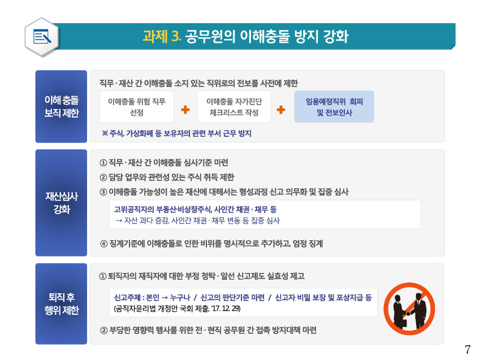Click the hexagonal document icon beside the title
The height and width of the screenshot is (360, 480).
click(42, 37)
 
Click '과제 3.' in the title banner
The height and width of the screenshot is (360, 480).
click(162, 36)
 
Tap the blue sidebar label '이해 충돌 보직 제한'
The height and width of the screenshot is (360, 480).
click(61, 106)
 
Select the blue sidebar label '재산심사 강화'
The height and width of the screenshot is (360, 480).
click(61, 203)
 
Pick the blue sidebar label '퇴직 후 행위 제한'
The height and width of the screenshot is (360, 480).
click(61, 303)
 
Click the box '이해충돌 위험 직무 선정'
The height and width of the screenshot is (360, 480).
click(136, 107)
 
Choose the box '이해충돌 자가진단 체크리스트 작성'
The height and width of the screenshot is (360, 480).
click(234, 107)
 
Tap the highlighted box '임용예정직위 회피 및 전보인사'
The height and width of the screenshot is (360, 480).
click(334, 107)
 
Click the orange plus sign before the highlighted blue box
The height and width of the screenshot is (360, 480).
click(281, 110)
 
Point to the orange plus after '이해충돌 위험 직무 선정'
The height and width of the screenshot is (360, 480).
click(185, 110)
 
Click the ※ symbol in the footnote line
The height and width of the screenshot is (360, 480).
click(105, 133)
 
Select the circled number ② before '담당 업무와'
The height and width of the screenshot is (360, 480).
click(103, 177)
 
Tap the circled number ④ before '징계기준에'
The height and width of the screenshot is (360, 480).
click(104, 244)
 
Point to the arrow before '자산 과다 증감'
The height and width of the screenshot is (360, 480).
click(119, 221)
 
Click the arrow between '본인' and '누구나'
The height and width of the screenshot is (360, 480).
click(165, 297)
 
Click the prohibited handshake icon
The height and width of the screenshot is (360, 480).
click(409, 308)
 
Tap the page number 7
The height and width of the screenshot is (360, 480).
click(468, 350)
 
